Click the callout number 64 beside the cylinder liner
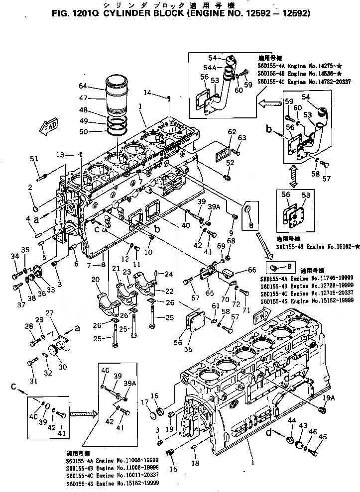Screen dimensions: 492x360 (x=83, y=85)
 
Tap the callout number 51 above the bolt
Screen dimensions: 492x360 (x=34, y=159)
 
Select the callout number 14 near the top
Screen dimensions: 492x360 (x=146, y=93)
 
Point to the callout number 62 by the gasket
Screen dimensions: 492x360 (x=232, y=131)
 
